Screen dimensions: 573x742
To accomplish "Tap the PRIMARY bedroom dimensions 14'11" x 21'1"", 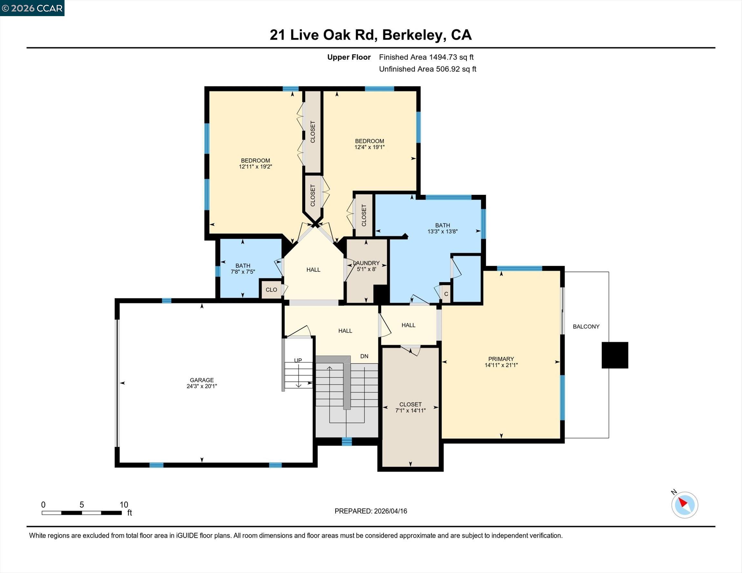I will [x=501, y=365].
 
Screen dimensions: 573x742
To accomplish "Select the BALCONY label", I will [x=586, y=326].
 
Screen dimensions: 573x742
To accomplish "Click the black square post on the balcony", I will [x=615, y=355].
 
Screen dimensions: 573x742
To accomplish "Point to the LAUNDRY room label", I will [x=366, y=263].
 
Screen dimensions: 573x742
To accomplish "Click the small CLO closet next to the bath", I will [x=271, y=290].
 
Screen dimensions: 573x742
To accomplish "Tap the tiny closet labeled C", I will [x=446, y=294].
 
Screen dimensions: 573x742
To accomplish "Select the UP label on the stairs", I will [x=298, y=361].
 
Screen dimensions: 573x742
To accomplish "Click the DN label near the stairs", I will [x=364, y=356].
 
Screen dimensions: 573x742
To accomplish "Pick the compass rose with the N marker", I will [x=684, y=505].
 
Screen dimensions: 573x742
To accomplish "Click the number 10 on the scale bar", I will [x=124, y=505].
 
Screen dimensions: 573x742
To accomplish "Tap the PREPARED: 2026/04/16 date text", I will [x=371, y=511].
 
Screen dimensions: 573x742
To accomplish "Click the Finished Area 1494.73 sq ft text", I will [x=426, y=57].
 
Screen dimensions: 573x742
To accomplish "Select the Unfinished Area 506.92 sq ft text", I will [x=427, y=69].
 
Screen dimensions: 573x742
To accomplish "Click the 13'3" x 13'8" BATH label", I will [x=442, y=232].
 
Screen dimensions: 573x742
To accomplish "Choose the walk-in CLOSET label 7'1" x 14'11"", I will [x=410, y=408].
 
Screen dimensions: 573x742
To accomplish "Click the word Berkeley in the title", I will [x=414, y=35].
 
